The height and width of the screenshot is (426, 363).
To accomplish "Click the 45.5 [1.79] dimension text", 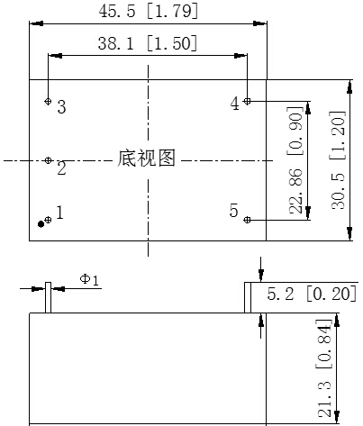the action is (149, 12).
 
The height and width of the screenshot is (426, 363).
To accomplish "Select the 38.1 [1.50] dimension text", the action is (148, 43).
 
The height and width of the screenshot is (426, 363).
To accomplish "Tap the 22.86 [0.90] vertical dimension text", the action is (295, 160).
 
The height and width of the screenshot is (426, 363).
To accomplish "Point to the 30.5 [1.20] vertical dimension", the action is (338, 160).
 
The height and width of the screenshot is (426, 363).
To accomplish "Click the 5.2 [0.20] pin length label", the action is (312, 294).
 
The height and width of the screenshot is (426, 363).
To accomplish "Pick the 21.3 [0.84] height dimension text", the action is (324, 368).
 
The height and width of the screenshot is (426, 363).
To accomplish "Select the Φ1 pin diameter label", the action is (89, 280).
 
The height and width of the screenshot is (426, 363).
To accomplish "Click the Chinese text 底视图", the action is (146, 158).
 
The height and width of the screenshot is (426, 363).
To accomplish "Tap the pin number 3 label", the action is (61, 107).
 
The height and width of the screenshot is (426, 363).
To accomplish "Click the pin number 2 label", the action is (61, 168).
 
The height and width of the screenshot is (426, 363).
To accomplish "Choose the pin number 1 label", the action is (60, 213).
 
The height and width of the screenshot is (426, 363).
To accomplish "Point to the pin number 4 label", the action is (235, 104).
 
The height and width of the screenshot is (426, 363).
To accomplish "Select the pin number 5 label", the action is (233, 210).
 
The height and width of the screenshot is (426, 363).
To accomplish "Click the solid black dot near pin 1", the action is (41, 224).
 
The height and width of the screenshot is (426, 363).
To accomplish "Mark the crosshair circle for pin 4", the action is (247, 101).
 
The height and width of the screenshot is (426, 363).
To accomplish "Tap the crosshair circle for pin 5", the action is (247, 220).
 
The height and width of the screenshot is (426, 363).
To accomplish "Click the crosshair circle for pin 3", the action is (48, 101).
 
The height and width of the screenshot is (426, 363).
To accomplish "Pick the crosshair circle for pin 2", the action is (48, 160).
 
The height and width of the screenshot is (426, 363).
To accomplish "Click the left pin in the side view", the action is (48, 297).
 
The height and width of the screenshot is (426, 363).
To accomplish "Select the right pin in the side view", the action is (248, 297).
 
